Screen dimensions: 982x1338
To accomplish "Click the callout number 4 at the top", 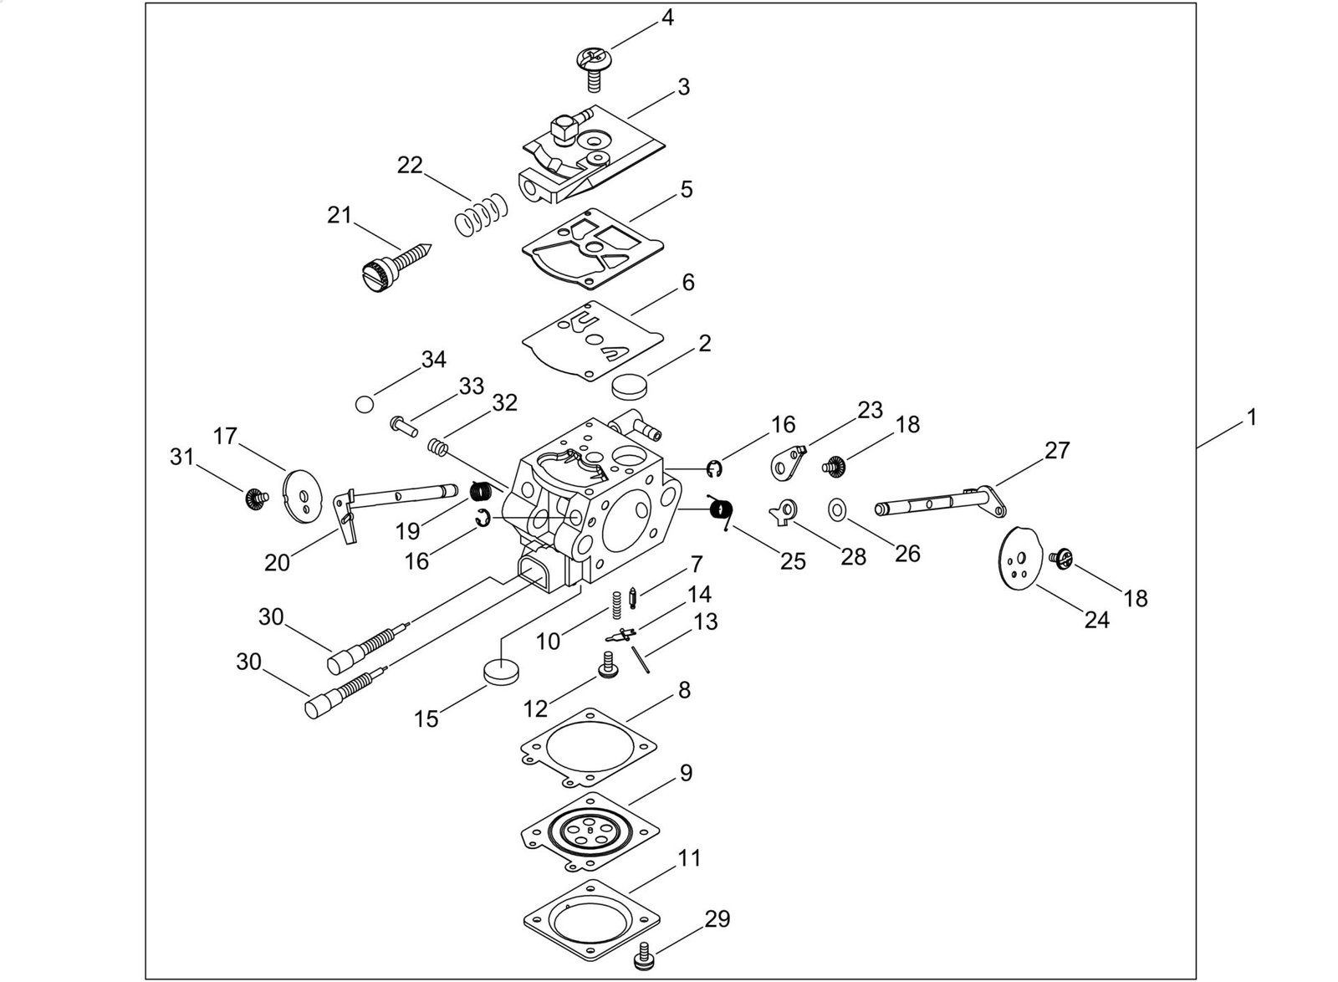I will point(667,17).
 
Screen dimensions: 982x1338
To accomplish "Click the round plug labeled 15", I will point(501,672).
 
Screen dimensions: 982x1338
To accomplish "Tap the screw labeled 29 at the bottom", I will point(646,954).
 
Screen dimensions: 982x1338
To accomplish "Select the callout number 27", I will point(1057,451).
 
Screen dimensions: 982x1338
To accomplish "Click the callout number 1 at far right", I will point(1251,417).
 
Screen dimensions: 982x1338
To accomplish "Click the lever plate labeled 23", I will point(786,462).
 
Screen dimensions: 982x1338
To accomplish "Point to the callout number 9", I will point(686,773).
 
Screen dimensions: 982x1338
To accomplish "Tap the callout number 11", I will point(690,859).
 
